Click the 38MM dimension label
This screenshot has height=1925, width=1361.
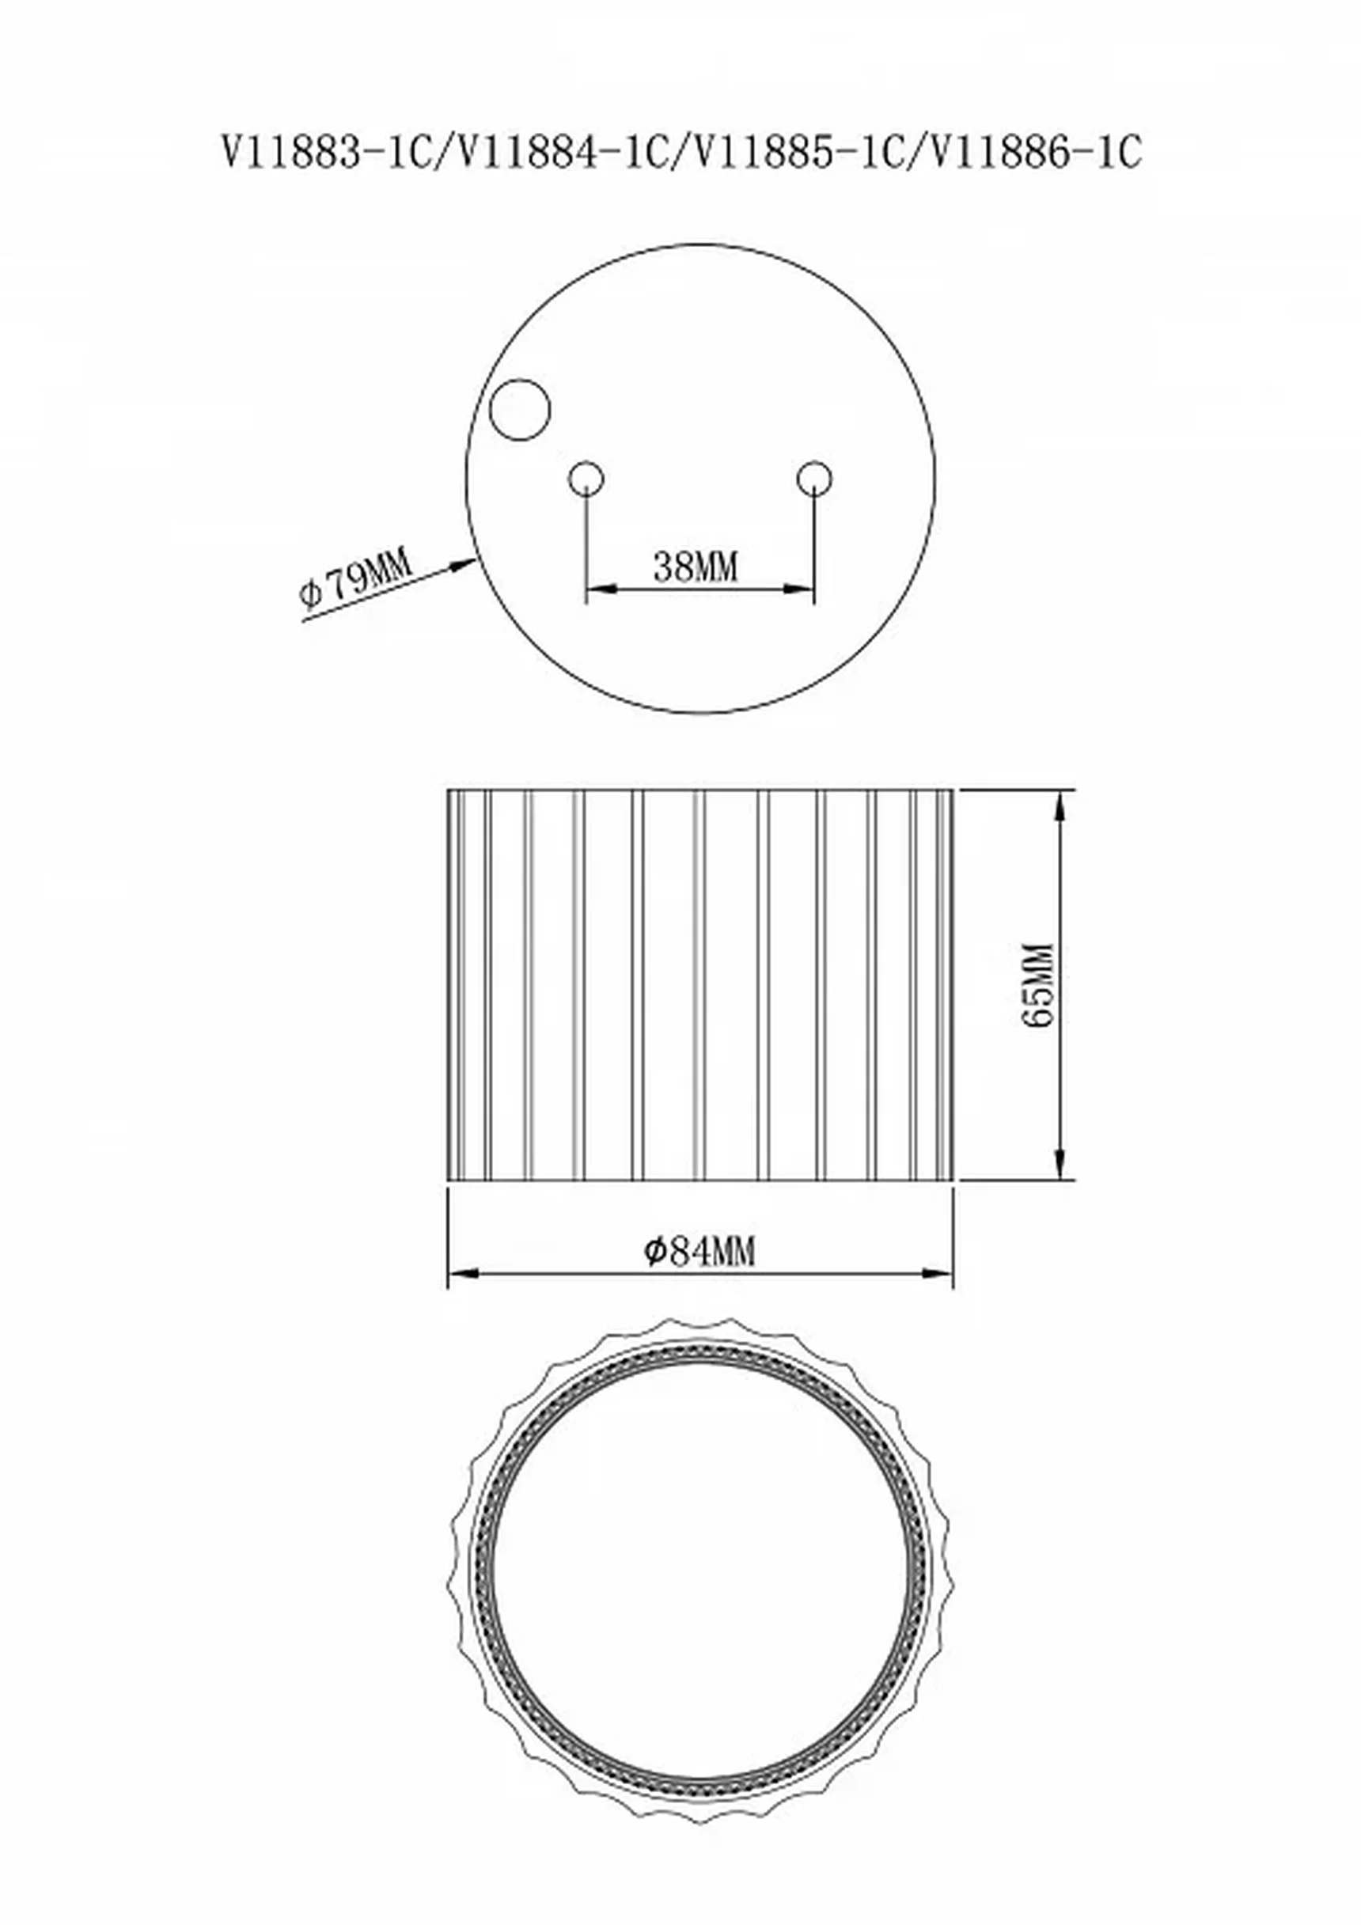click(x=696, y=567)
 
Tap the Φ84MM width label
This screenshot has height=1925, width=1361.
click(x=699, y=1252)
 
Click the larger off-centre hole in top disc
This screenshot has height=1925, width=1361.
click(x=520, y=410)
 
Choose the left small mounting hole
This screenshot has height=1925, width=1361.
click(x=586, y=479)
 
